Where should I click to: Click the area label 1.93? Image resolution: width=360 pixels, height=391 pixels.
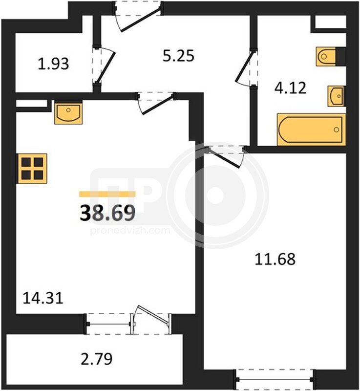click(x=53, y=64)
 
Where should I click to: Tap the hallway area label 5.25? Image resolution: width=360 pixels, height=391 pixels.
click(x=178, y=56)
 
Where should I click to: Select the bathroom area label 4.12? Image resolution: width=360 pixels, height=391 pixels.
click(x=290, y=88)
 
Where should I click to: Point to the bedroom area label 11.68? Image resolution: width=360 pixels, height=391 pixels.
click(x=275, y=259)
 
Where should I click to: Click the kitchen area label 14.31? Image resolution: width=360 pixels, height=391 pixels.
click(x=43, y=298)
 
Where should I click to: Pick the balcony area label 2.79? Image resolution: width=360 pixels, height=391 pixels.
click(x=97, y=359)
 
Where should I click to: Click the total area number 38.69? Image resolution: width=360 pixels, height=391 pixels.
click(x=107, y=213)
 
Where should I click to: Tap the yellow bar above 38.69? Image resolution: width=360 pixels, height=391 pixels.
click(x=107, y=194)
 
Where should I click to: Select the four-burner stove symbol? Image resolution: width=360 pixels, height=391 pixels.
click(x=32, y=169)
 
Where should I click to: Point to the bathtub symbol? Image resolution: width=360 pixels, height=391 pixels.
click(x=311, y=130)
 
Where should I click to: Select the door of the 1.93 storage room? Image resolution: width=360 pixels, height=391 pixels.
click(x=104, y=65)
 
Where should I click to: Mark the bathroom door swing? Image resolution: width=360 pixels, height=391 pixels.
click(x=247, y=67)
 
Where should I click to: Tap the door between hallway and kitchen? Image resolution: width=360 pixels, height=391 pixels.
click(x=155, y=104)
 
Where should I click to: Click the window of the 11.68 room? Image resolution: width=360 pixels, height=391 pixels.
click(x=275, y=379)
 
